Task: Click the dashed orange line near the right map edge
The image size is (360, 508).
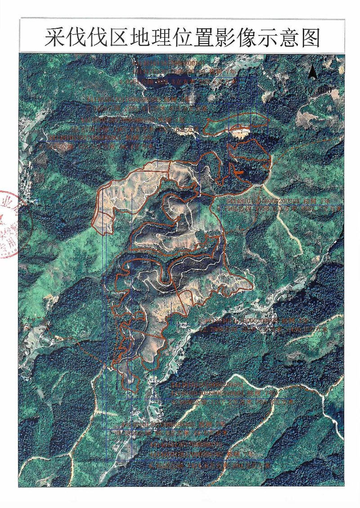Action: click(x=306, y=148)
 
